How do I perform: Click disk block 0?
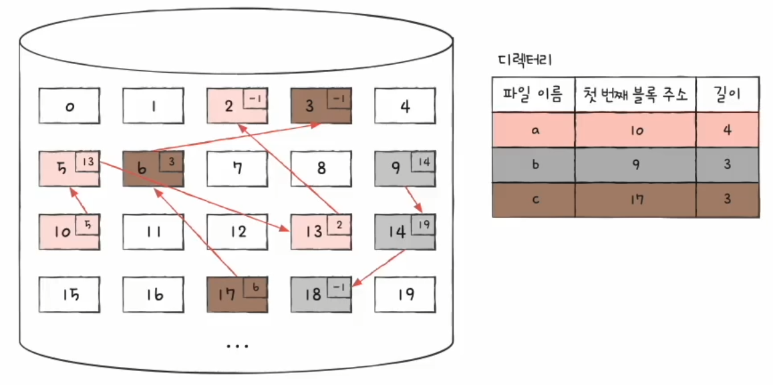pyautogui.click(x=69, y=107)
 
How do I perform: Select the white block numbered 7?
pyautogui.click(x=237, y=168)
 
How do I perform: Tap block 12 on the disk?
pyautogui.click(x=237, y=232)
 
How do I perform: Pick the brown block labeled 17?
pyautogui.click(x=237, y=294)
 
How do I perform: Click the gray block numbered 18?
pyautogui.click(x=321, y=294)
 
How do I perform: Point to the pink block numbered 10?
pyautogui.click(x=69, y=232)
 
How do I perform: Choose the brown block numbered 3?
pyautogui.click(x=321, y=107)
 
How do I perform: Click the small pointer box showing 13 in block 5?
pyautogui.click(x=88, y=162)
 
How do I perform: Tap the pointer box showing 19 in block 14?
pyautogui.click(x=423, y=226)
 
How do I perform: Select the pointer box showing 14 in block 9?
pyautogui.click(x=423, y=162)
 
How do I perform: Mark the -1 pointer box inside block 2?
pyautogui.click(x=255, y=99)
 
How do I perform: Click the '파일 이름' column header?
pyautogui.click(x=532, y=94)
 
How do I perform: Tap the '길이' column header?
pyautogui.click(x=727, y=94)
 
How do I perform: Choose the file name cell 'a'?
pyautogui.click(x=532, y=129)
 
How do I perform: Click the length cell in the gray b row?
pyautogui.click(x=727, y=165)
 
